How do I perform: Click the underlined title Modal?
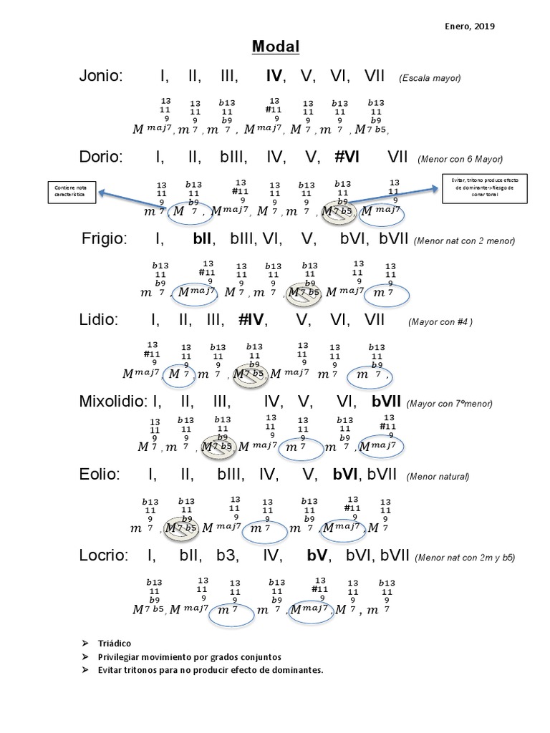coord(275,47)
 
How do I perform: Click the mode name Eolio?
coord(99,474)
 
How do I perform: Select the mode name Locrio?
coord(103,555)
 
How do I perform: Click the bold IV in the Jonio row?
coord(274,77)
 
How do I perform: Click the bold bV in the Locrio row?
coord(317,555)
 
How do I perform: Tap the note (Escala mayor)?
coord(430,78)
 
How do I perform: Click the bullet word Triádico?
coord(115,644)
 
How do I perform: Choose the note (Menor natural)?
coord(438,476)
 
